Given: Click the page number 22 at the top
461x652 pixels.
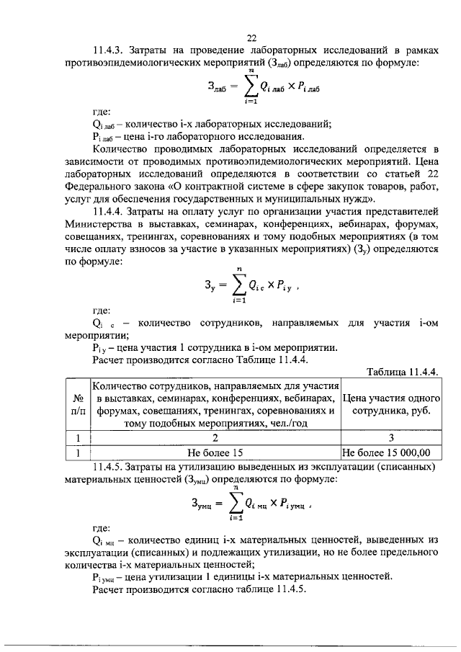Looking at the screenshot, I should tap(251, 38).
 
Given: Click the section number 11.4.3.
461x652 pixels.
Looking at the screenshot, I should tap(112, 51).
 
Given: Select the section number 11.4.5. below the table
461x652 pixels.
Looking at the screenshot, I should tap(112, 468).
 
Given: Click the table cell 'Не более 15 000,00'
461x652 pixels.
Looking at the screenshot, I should tap(391, 454).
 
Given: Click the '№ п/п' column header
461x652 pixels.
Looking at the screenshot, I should tap(77, 405).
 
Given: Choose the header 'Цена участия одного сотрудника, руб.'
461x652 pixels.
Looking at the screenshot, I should tap(391, 405).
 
